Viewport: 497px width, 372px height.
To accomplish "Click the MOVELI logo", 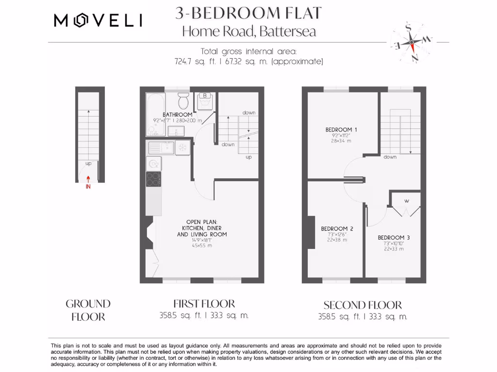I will pos(98,20).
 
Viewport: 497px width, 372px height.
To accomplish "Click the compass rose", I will pos(412,42).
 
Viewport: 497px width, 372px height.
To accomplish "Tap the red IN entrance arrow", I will pos(88,182).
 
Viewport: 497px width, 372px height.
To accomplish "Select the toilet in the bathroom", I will pos(183,101).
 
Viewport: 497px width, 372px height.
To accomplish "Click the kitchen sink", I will pos(162,147).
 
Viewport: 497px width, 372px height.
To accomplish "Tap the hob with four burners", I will pos(154,179).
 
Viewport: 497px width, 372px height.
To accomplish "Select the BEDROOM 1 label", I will pos(341,129).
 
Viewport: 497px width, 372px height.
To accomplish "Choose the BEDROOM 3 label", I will pos(394,237).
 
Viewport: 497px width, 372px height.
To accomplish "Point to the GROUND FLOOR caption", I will pos(88,310).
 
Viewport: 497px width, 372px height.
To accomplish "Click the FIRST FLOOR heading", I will pos(204,304).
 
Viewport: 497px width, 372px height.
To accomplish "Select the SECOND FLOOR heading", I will pos(363,305).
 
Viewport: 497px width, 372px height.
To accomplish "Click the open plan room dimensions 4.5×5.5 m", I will pos(201,246).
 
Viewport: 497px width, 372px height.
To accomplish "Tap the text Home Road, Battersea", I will pos(248,31).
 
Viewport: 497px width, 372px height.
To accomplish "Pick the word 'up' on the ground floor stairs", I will pos(88,163).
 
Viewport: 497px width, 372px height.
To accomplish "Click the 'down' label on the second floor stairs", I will pos(390,157).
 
